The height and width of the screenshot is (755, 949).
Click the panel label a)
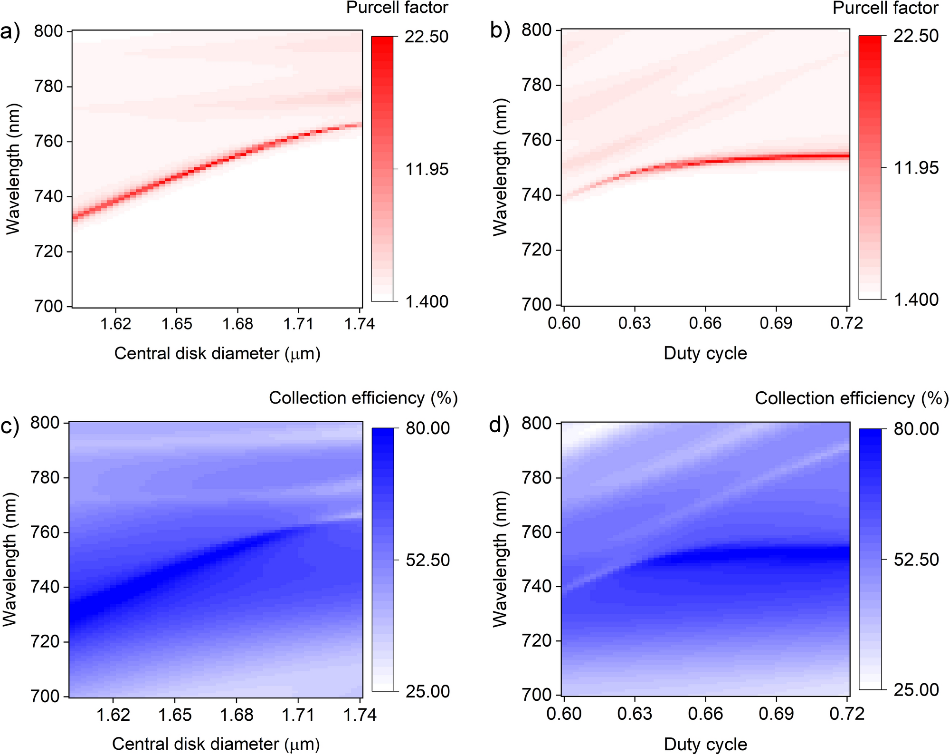pos(10,32)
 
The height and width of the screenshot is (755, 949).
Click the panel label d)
pos(499,425)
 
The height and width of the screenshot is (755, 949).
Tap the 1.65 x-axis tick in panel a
pos(177,324)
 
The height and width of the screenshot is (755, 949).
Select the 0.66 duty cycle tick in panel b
pos(705,323)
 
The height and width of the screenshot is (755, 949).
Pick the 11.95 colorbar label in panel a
pos(427,169)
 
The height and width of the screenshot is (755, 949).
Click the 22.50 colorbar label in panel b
pos(916,36)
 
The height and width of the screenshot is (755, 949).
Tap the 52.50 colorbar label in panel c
pos(427,560)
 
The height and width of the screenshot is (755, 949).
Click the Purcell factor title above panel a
pos(397,8)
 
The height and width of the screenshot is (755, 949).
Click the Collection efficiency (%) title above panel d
pos(851,398)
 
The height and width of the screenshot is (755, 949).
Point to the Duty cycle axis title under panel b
pos(705,353)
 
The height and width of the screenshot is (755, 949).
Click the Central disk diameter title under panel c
pos(216,744)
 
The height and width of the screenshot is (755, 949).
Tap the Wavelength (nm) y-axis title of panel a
pos(13,169)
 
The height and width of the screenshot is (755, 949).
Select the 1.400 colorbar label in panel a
pos(427,301)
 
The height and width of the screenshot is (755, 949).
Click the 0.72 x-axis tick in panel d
pos(847,714)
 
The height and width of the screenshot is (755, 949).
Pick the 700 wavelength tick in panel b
pos(537,304)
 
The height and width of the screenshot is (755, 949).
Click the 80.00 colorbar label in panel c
pos(427,428)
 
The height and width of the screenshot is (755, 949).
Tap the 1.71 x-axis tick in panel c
pos(298,715)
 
